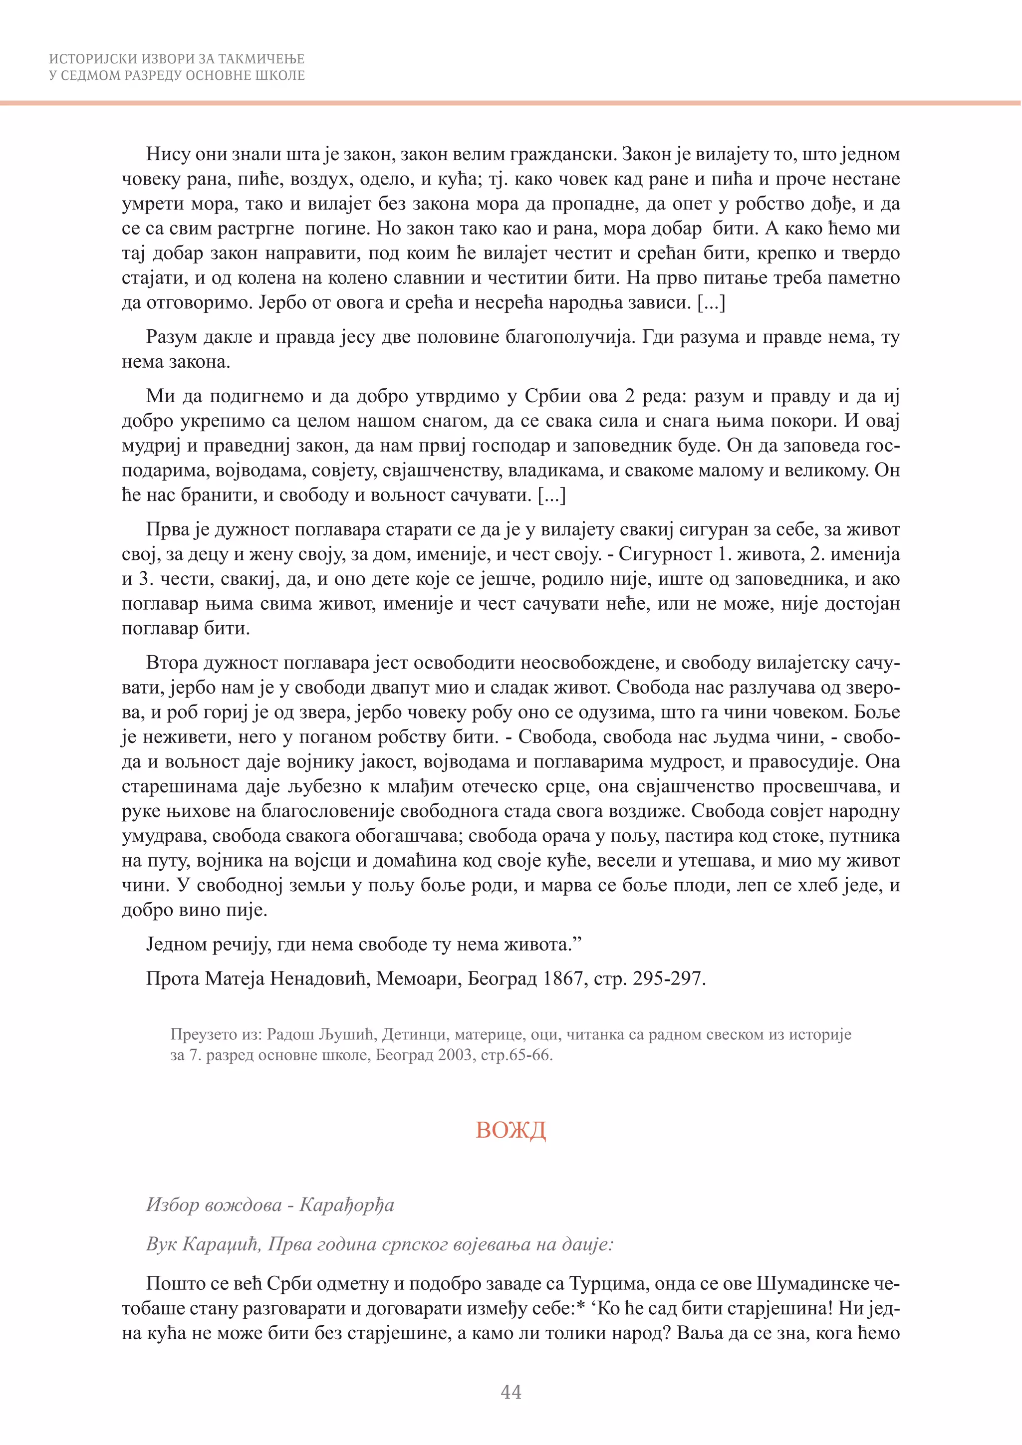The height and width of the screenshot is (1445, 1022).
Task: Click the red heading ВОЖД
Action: pos(511,1130)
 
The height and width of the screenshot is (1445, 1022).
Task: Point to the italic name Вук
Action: pos(161,1243)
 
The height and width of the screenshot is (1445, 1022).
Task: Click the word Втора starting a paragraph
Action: pos(171,662)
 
